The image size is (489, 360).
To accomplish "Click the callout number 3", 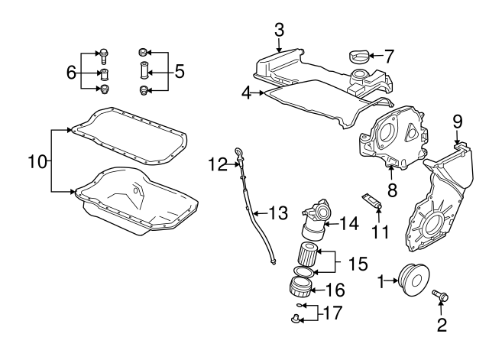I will tap(280, 31).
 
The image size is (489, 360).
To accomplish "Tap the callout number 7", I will tap(389, 56).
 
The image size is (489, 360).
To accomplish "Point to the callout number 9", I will tap(457, 122).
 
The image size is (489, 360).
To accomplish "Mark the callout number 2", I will tap(441, 326).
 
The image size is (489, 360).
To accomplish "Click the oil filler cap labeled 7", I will tap(357, 55).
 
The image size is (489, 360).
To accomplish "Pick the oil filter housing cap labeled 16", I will tap(302, 287).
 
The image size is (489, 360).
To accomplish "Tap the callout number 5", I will tap(180, 73).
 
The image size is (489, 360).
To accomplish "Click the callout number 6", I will tap(71, 73).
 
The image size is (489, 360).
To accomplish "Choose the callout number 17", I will tap(332, 313).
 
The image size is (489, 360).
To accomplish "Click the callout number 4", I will tap(246, 93).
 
